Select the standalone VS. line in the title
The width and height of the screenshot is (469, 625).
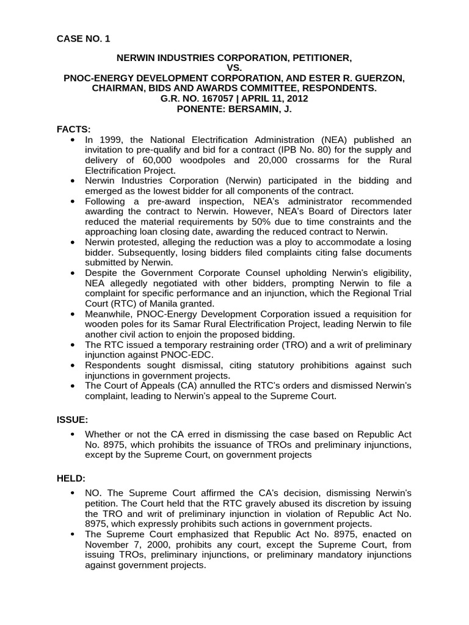click(x=234, y=68)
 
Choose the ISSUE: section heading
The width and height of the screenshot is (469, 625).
click(x=73, y=420)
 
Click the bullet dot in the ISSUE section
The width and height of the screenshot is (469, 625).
click(x=73, y=434)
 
